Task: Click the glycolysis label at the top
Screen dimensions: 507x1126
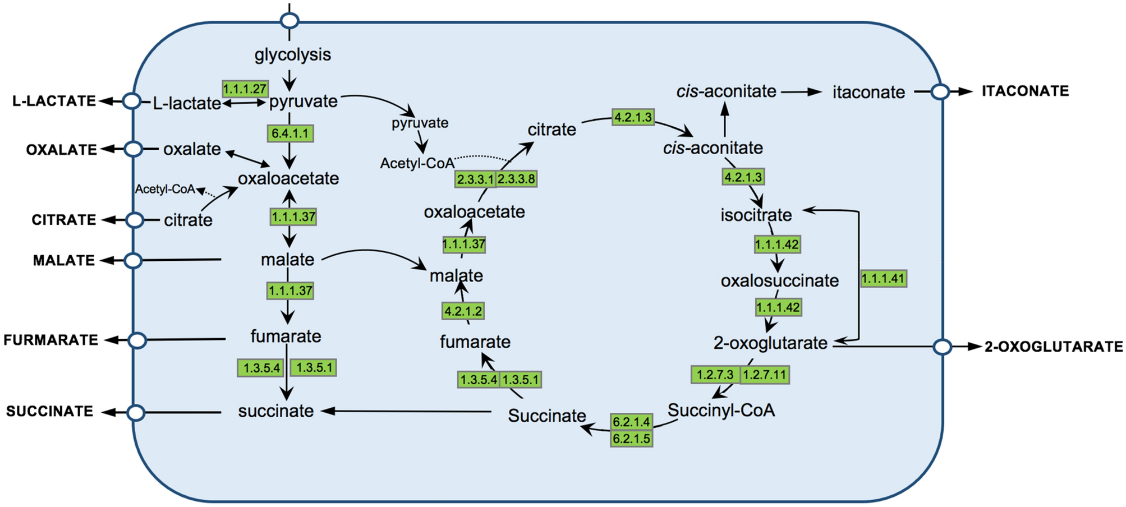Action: pos(292,55)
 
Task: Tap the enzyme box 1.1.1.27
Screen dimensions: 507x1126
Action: pos(245,89)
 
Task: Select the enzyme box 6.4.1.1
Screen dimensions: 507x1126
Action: pos(289,133)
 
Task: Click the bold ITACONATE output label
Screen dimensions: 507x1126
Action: pos(1025,91)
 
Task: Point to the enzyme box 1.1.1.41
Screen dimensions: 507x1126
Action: pos(883,279)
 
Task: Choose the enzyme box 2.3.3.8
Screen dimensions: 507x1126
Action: pos(517,179)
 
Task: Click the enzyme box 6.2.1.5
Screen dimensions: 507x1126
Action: pos(631,439)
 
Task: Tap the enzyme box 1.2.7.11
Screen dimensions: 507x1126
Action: pos(765,375)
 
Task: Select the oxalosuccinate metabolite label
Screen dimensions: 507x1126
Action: pos(779,280)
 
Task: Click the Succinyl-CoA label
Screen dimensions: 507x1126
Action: pos(721,411)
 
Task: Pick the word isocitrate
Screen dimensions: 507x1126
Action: pos(756,215)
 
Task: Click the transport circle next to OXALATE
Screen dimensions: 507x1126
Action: pos(133,149)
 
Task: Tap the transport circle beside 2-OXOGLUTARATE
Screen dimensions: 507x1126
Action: pos(943,347)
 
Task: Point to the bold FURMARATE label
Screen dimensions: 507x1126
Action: pos(50,340)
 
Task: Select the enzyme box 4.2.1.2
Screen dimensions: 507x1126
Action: pos(463,311)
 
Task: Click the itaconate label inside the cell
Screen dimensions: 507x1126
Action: pos(868,93)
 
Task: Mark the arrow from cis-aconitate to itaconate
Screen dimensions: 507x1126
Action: pos(801,92)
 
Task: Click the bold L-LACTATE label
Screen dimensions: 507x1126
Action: pos(54,101)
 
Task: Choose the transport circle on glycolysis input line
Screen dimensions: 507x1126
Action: pos(289,21)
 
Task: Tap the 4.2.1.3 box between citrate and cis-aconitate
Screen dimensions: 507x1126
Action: pos(633,117)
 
